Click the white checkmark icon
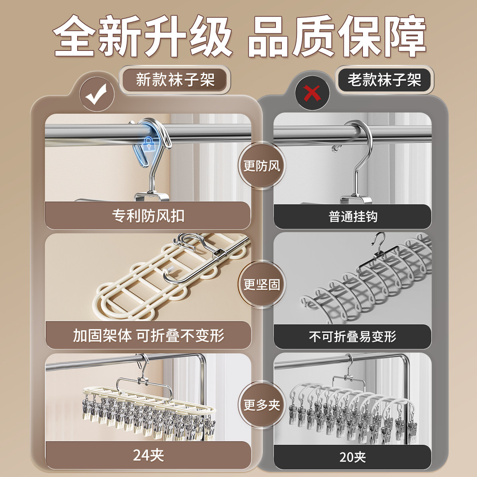[x=97, y=95]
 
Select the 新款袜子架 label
[x=175, y=80]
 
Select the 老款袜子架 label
[x=384, y=80]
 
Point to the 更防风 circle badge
[x=262, y=165]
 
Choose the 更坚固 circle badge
[x=262, y=284]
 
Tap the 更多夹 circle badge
[x=262, y=405]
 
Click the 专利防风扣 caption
[x=148, y=216]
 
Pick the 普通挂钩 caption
[x=353, y=217]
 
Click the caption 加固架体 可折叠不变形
[x=148, y=335]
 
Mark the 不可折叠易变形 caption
[x=353, y=337]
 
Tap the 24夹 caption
[x=148, y=455]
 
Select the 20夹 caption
[x=353, y=457]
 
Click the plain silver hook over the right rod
[x=358, y=159]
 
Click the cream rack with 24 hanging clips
[x=149, y=409]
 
